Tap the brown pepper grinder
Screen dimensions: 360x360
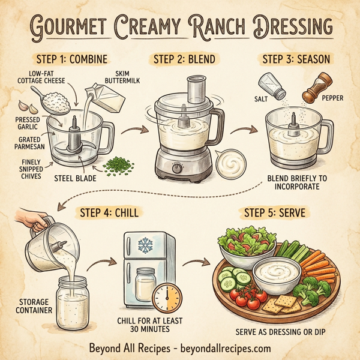click(x=316, y=88)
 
